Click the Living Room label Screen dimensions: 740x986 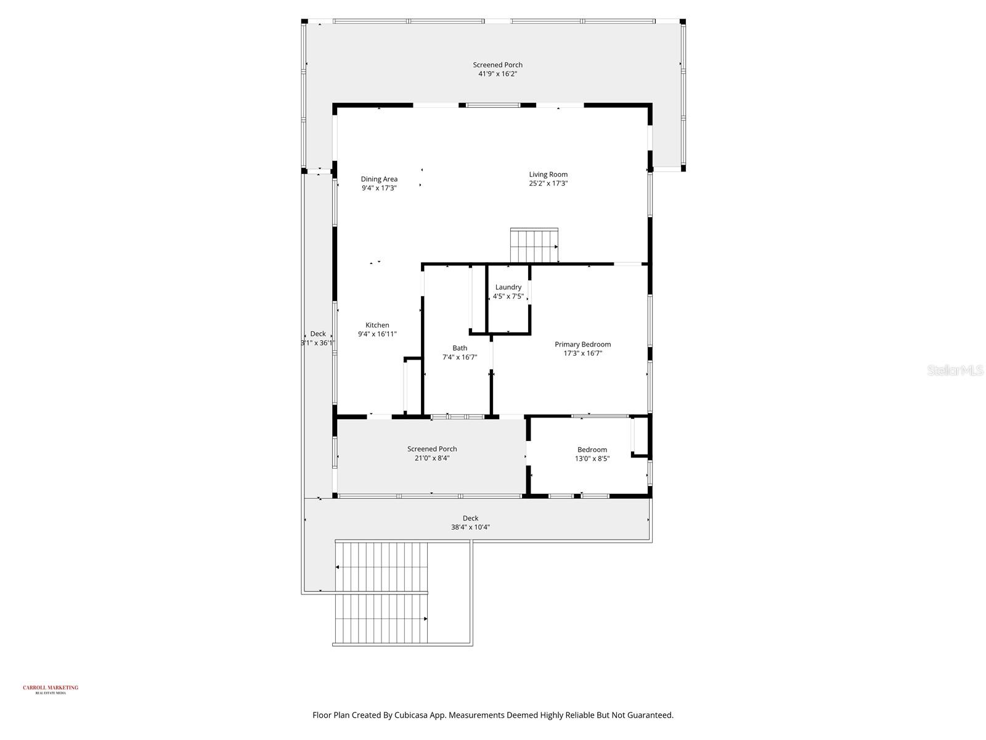click(548, 175)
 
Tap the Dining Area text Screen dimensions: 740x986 click(379, 179)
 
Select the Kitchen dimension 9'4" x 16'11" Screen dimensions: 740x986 click(377, 334)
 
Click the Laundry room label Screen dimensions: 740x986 click(508, 287)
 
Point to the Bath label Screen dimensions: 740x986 click(460, 348)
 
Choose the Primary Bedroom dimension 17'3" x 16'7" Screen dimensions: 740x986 click(582, 353)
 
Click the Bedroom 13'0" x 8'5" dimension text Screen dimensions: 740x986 click(592, 459)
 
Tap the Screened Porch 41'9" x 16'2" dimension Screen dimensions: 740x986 click(497, 74)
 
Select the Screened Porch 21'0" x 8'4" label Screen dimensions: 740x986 click(432, 449)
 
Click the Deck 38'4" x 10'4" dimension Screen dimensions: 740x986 click(470, 527)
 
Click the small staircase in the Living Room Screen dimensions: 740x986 click(534, 245)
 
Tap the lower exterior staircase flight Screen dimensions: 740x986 click(381, 619)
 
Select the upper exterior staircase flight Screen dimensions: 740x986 click(381, 566)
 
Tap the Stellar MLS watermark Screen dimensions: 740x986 click(955, 371)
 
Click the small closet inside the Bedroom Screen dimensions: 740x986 click(640, 437)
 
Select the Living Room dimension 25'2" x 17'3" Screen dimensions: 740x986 click(548, 184)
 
